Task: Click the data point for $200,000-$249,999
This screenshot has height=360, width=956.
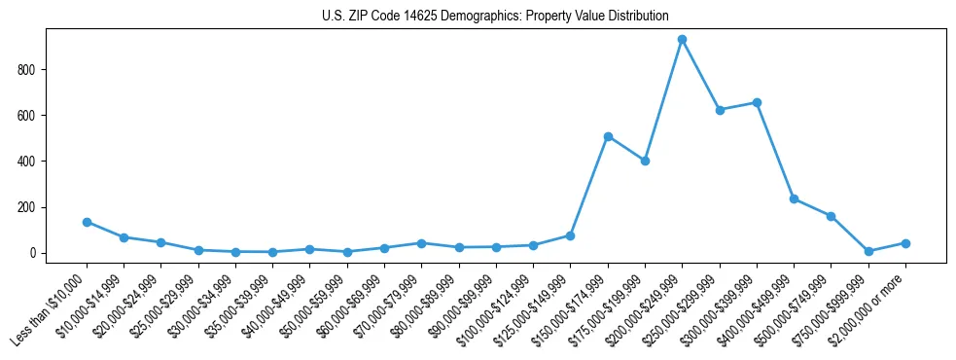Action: click(x=682, y=40)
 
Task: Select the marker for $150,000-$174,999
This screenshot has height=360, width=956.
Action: click(x=608, y=136)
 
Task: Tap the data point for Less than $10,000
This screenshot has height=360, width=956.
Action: click(x=87, y=222)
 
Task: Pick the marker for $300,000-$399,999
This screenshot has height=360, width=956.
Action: click(x=757, y=102)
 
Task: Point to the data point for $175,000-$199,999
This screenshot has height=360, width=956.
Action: click(x=645, y=161)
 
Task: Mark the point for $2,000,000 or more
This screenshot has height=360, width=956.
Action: click(x=905, y=243)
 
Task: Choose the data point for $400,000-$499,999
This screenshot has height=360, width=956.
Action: click(x=794, y=198)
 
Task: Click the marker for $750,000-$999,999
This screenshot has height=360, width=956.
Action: click(x=868, y=251)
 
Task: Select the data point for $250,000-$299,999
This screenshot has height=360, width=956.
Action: click(x=720, y=110)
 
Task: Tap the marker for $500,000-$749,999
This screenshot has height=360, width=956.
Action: click(x=831, y=216)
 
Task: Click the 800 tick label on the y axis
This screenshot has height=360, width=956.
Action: click(x=26, y=70)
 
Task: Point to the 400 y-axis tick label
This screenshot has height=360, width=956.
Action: click(x=26, y=162)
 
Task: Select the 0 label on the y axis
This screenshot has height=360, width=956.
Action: click(x=33, y=253)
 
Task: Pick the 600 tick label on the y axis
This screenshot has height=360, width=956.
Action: click(x=26, y=116)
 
